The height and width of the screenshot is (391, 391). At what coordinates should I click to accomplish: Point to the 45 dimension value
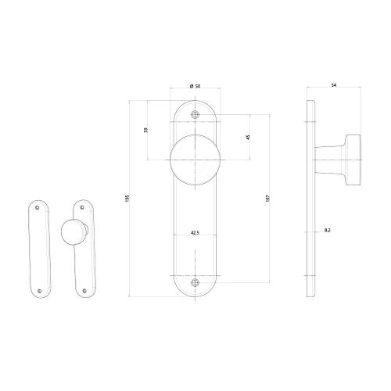[247, 137]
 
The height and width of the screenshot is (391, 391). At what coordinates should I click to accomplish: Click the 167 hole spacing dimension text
[268, 199]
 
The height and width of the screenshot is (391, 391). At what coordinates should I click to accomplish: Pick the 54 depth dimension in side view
[334, 84]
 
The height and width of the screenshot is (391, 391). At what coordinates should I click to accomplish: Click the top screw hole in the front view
[195, 114]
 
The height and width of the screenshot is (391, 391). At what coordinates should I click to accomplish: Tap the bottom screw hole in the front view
[195, 283]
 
